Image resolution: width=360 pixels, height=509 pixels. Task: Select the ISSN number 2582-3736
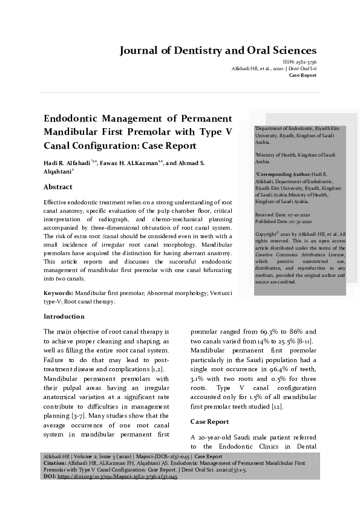pyautogui.click(x=304, y=62)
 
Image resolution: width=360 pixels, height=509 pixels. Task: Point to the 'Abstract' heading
pyautogui.click(x=58, y=187)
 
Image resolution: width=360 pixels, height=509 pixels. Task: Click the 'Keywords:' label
pyautogui.click(x=59, y=293)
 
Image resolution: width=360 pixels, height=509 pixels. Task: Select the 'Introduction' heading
pyautogui.click(x=64, y=316)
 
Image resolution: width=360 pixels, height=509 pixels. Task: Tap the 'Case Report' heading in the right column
pyautogui.click(x=209, y=421)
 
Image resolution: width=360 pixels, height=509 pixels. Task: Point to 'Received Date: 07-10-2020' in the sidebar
pyautogui.click(x=283, y=215)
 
